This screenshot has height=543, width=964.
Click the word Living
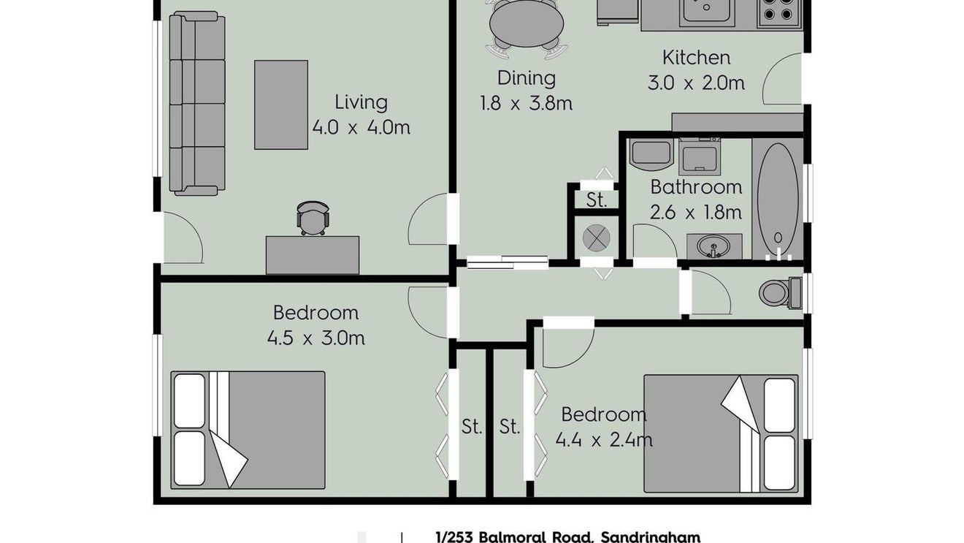361,102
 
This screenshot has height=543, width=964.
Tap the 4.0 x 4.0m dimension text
361,127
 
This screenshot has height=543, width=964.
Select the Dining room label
527,78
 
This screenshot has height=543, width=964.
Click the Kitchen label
696,58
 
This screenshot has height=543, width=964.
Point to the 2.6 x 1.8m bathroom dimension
696,212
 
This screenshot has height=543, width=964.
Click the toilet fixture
780,293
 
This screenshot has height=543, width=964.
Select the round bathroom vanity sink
714,246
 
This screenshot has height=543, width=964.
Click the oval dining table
527,23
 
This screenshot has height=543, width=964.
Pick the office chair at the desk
313,218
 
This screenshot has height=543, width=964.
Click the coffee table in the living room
281,105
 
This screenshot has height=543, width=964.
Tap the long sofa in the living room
197,103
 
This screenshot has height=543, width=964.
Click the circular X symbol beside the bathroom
596,238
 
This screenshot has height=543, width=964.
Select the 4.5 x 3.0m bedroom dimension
316,338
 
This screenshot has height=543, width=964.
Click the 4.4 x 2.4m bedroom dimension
604,440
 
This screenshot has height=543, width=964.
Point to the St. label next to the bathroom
597,200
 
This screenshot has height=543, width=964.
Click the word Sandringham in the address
650,537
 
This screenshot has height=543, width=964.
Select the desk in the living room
313,255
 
